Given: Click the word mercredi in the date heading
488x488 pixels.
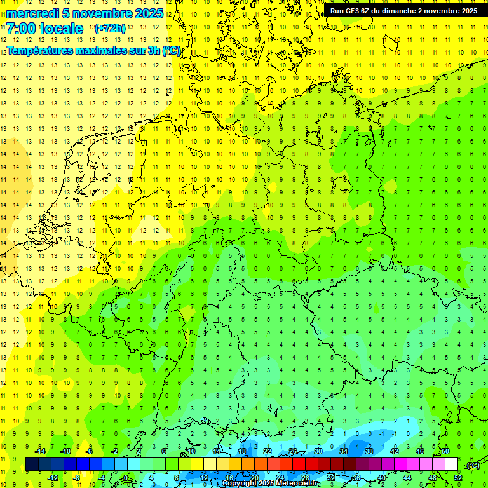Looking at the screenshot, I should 33,13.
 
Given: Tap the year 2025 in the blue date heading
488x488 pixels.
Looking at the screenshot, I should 147,13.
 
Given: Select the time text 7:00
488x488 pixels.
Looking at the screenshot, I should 20,29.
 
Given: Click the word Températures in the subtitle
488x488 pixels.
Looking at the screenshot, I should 39,51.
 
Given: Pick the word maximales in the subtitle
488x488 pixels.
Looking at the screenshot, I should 101,51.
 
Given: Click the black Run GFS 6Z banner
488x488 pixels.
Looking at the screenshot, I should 403,11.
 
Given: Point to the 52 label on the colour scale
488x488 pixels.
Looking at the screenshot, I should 458,478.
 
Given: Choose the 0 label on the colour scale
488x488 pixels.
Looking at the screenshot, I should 125,478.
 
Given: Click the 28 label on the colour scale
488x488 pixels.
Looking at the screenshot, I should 305,478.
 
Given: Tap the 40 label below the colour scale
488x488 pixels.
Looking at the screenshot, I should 381,478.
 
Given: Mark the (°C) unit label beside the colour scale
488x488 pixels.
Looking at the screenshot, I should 472,465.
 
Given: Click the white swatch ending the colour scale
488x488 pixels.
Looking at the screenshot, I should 452,464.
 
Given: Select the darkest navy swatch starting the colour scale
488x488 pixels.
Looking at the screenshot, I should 32,464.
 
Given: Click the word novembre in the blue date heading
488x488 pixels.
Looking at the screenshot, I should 100,13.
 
